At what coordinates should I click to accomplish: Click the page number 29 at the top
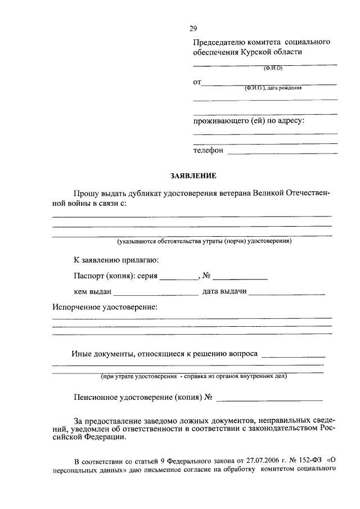point(193,29)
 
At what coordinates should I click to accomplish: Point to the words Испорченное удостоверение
point(105,308)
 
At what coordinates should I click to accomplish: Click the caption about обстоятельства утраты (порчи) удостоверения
point(204,241)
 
